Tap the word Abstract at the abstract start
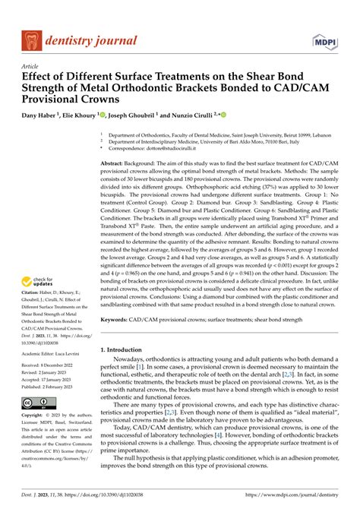tap(113, 163)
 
